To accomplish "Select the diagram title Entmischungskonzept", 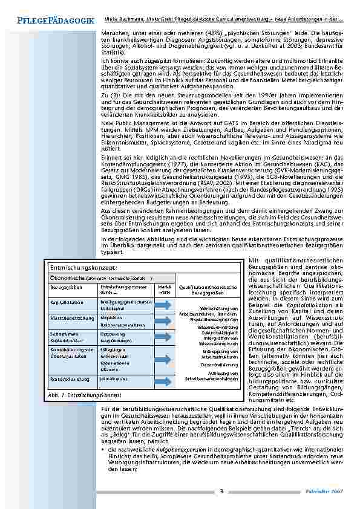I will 83,267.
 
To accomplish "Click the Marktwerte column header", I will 164,289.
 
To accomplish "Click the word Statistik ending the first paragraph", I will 113,54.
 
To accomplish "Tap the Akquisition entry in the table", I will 112,317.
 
